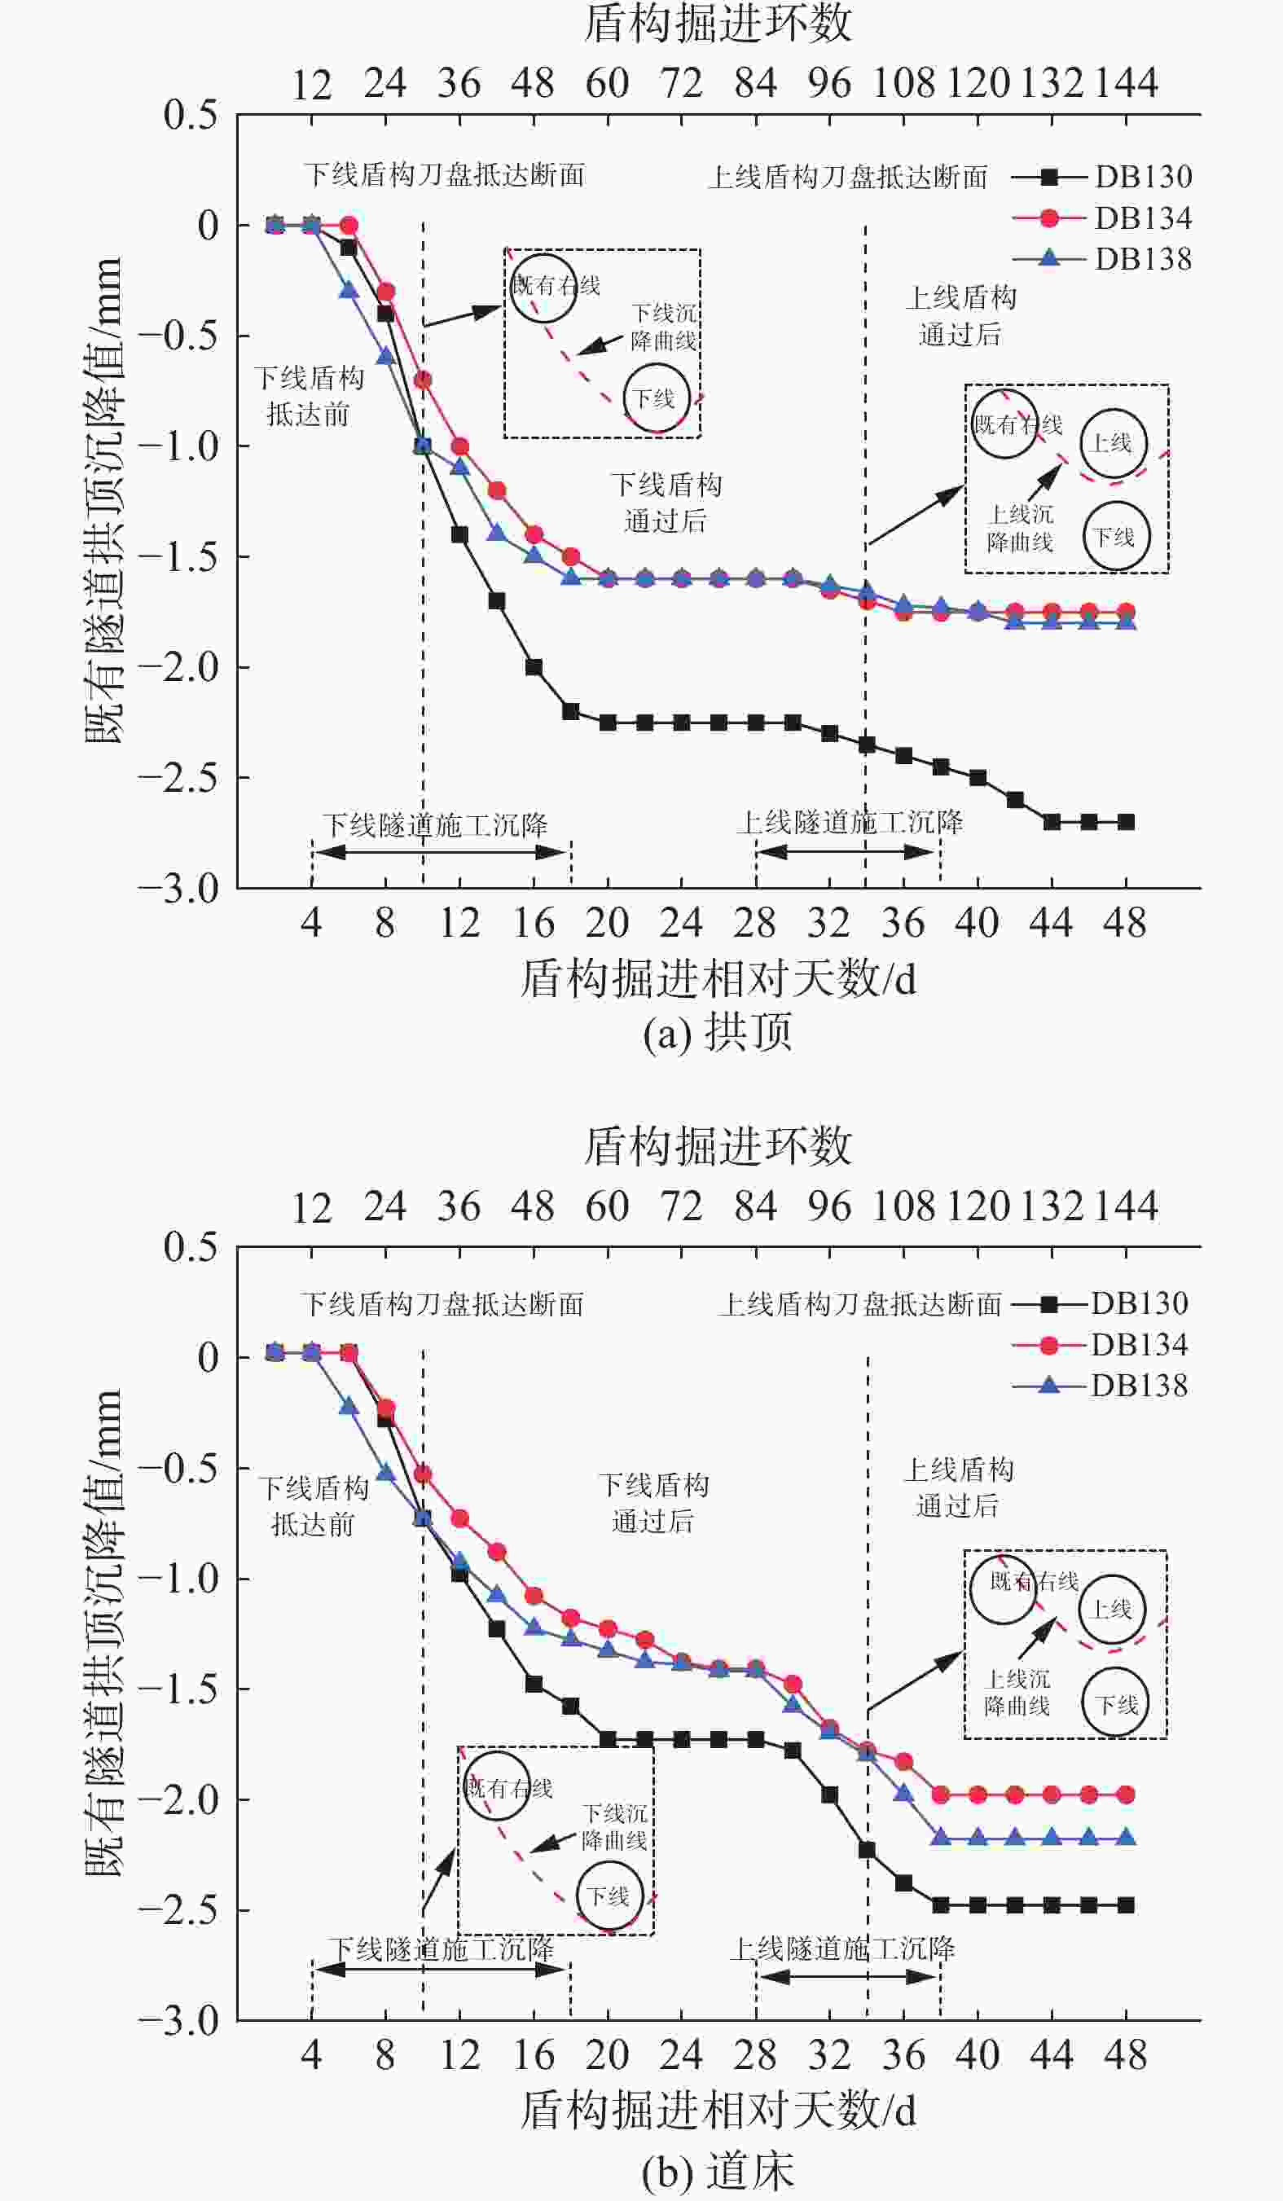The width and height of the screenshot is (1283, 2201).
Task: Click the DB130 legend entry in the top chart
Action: [x=1101, y=177]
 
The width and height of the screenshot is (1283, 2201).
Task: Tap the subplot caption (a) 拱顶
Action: [x=717, y=1032]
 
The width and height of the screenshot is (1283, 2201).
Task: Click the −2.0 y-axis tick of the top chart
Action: [x=179, y=667]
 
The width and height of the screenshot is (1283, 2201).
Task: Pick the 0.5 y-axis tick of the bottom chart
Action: [x=191, y=1247]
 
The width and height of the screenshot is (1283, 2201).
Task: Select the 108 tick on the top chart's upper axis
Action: [x=903, y=84]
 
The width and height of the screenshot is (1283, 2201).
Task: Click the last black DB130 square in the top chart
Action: [x=1126, y=822]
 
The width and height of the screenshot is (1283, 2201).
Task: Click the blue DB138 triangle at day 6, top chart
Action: [x=349, y=290]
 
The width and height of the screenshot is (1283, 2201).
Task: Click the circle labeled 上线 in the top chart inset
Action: [x=1113, y=444]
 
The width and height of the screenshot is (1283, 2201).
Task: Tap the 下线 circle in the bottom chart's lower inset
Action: [x=609, y=1896]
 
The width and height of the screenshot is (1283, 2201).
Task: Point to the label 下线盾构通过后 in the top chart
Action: [x=666, y=503]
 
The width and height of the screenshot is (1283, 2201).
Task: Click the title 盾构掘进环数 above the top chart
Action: [x=717, y=24]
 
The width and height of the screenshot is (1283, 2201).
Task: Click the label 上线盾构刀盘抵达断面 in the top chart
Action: [x=847, y=178]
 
